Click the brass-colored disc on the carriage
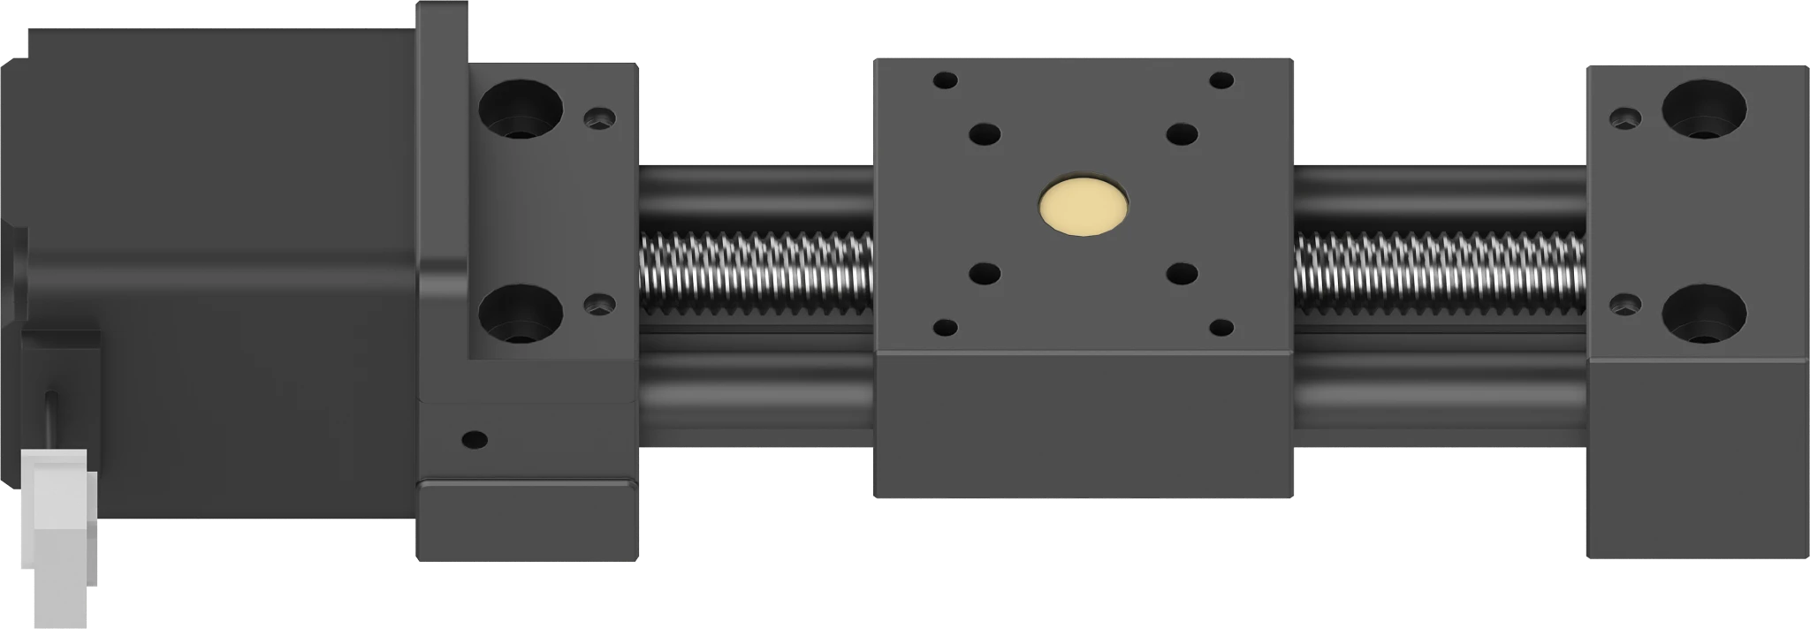tap(1084, 207)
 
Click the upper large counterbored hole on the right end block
tap(1703, 109)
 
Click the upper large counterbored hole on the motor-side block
tap(521, 109)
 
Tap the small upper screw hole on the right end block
tap(1624, 117)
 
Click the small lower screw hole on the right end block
tap(1624, 304)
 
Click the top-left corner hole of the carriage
tap(945, 80)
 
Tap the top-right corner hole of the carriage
tap(1221, 80)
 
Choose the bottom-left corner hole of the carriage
tap(945, 328)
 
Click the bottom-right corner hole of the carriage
tap(1221, 328)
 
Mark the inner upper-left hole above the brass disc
tap(984, 134)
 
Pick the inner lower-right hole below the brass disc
tap(1181, 273)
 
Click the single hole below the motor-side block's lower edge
tap(475, 439)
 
